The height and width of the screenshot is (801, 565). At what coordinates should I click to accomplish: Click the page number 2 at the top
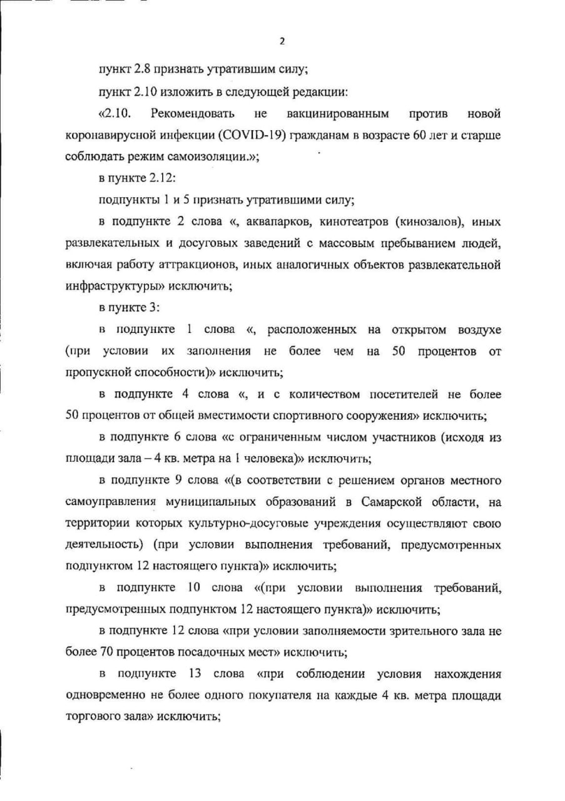click(x=282, y=41)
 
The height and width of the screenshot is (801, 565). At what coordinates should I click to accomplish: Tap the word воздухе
click(x=477, y=330)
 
